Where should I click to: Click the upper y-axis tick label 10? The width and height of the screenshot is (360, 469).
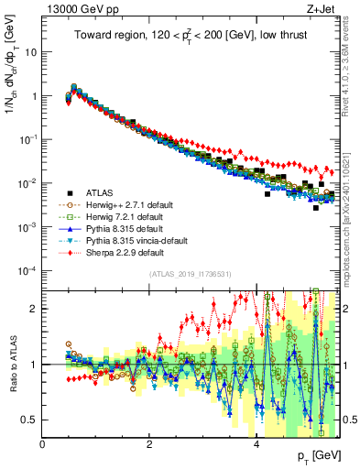[x=31, y=51]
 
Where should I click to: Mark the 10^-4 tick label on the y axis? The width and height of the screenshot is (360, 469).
[x=27, y=271]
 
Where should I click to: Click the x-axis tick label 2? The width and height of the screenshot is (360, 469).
[x=149, y=445]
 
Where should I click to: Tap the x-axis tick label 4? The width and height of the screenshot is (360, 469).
[x=256, y=445]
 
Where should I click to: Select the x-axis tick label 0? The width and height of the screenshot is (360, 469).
[x=43, y=445]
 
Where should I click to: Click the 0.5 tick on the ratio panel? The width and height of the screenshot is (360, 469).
[x=29, y=420]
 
